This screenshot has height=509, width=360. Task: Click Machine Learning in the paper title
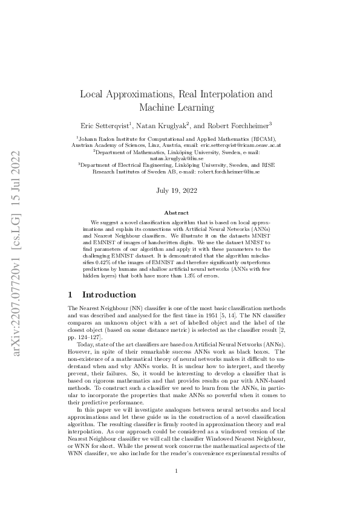pyautogui.click(x=177, y=108)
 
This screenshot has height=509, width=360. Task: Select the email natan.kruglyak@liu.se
pyautogui.click(x=179, y=158)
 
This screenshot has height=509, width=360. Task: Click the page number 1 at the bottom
pyautogui.click(x=176, y=488)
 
